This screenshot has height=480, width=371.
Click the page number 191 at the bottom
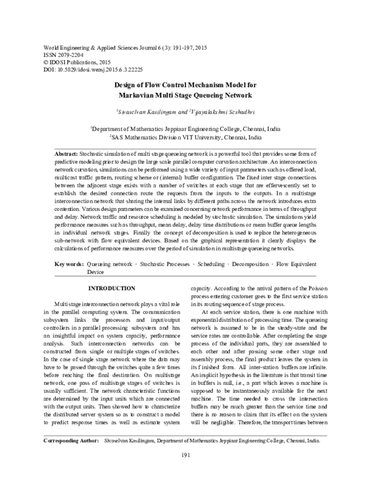[x=185, y=473]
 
